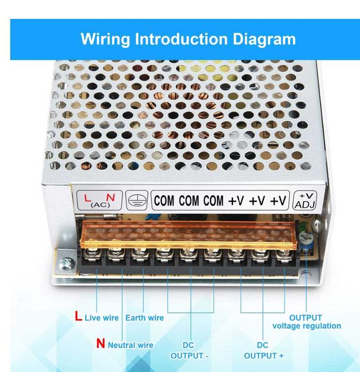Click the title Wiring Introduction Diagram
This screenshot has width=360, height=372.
click(x=188, y=39)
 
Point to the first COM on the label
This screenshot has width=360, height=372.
click(x=164, y=201)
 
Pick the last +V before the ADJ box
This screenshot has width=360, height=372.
click(x=278, y=201)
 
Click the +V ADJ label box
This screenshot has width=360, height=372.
click(x=305, y=200)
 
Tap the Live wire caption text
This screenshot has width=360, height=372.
click(x=102, y=318)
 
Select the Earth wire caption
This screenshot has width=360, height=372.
click(x=145, y=318)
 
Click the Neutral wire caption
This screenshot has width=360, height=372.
click(x=130, y=345)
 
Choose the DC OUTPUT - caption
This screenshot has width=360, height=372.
click(x=190, y=350)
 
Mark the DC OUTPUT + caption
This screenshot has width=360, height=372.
click(x=264, y=350)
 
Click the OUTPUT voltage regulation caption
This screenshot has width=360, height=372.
click(x=306, y=321)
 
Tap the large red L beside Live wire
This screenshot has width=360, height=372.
click(x=78, y=317)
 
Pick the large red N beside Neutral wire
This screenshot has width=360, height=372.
click(x=101, y=344)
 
